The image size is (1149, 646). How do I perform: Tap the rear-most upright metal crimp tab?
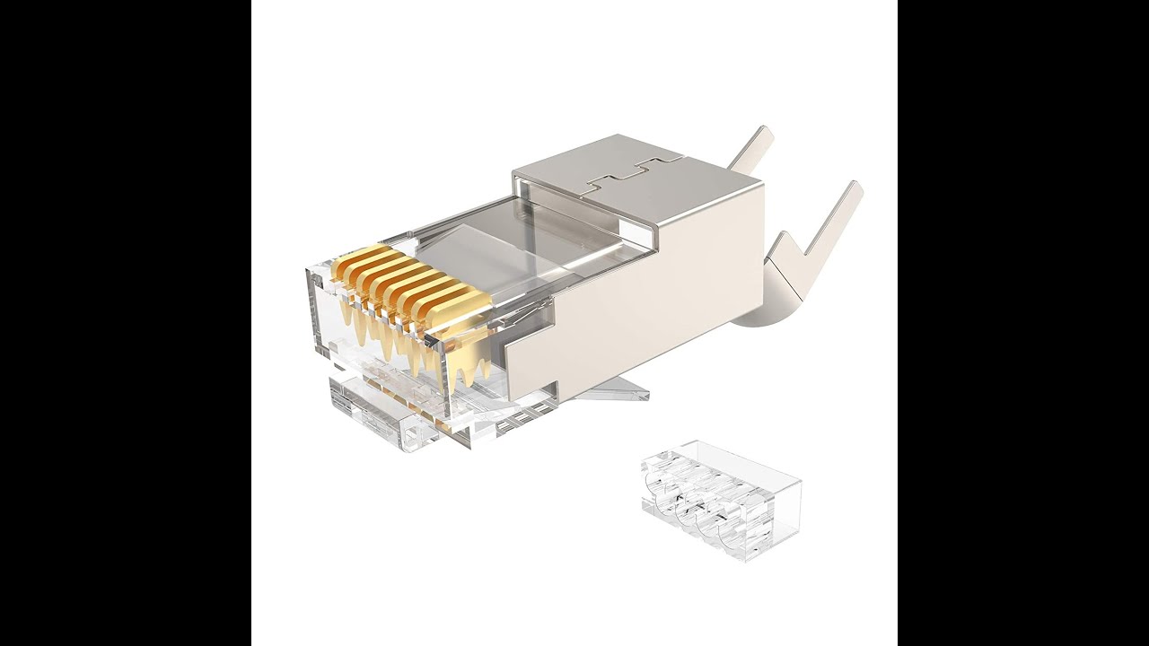pos(752,148)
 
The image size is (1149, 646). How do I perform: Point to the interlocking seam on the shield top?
pos(628,175)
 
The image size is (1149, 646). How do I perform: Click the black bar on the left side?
pos(126,323)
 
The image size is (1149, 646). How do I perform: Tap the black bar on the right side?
pos(1023,323)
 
